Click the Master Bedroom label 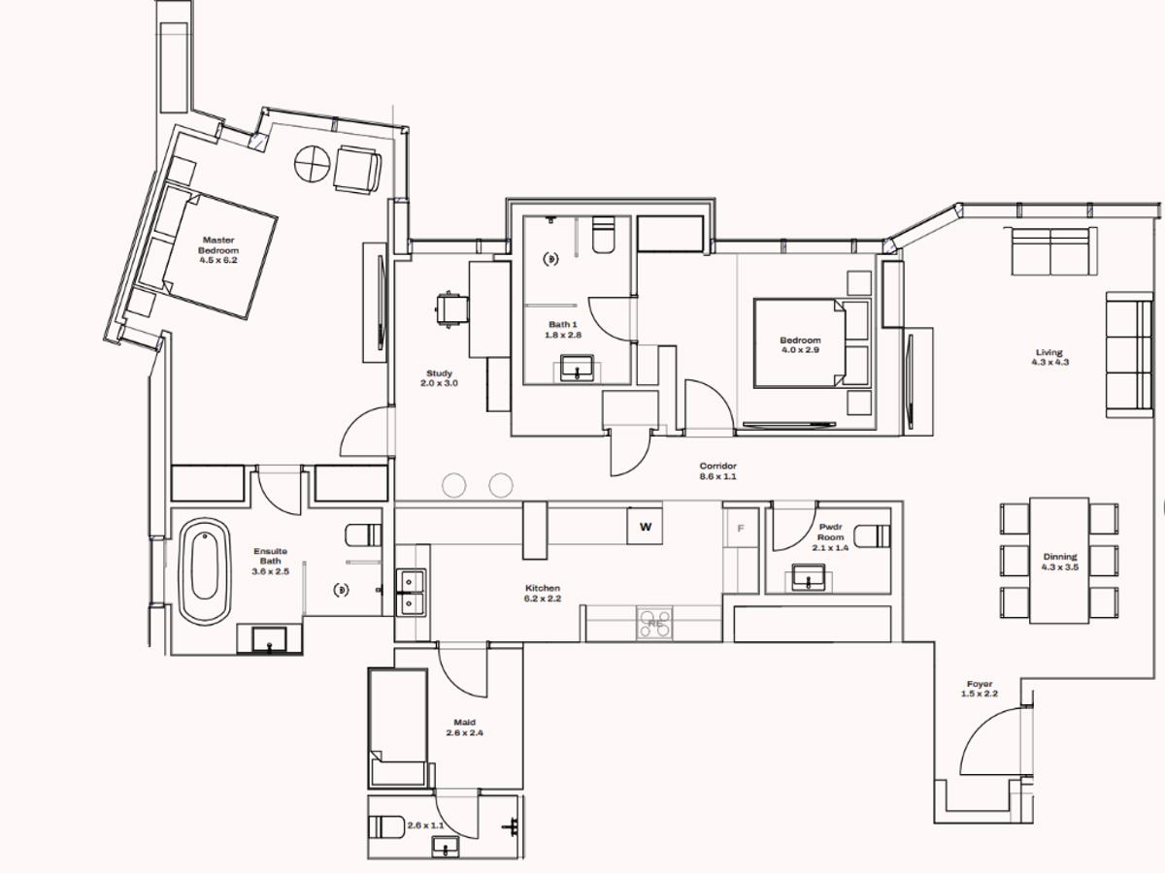click(x=218, y=249)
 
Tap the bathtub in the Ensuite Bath click(x=205, y=571)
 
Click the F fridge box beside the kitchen click(x=742, y=528)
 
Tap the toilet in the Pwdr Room click(x=873, y=535)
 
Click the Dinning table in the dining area click(x=1059, y=561)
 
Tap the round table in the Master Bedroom click(x=314, y=163)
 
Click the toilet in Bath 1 click(x=603, y=235)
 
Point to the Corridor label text click(x=718, y=471)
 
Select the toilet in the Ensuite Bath click(x=362, y=535)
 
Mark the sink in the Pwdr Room click(x=809, y=579)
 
